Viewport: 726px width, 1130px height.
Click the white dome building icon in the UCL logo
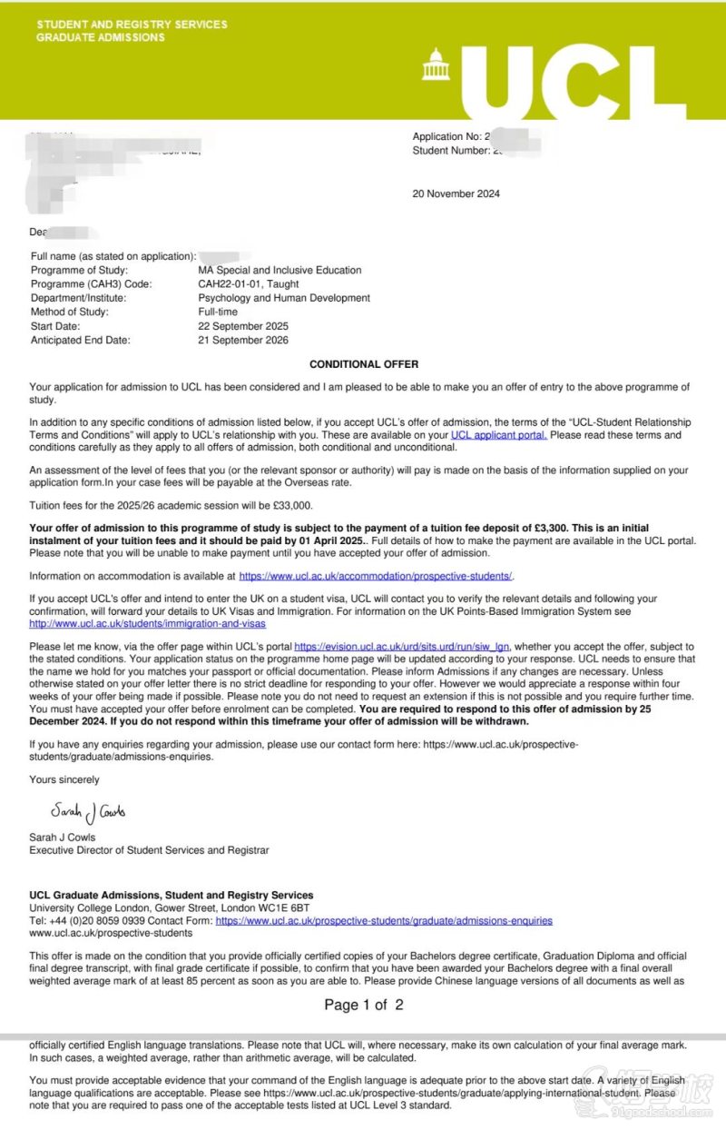[x=438, y=64]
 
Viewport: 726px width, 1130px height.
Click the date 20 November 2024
[x=456, y=193]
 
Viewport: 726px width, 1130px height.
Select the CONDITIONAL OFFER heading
[x=364, y=364]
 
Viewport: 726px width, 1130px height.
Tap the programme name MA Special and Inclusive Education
[x=280, y=270]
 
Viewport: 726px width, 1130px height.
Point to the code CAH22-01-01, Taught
[x=248, y=284]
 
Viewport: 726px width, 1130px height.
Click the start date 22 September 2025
[x=243, y=326]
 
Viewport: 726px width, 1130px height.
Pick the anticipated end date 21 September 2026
[x=243, y=341]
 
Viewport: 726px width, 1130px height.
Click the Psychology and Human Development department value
[x=284, y=298]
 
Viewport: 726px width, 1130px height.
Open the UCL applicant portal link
[x=498, y=435]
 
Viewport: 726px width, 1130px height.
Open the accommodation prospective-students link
[x=376, y=576]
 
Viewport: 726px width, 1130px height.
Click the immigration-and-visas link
[x=147, y=624]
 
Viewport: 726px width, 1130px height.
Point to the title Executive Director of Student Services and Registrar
[x=149, y=850]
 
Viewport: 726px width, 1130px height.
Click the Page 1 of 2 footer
[x=363, y=1005]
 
